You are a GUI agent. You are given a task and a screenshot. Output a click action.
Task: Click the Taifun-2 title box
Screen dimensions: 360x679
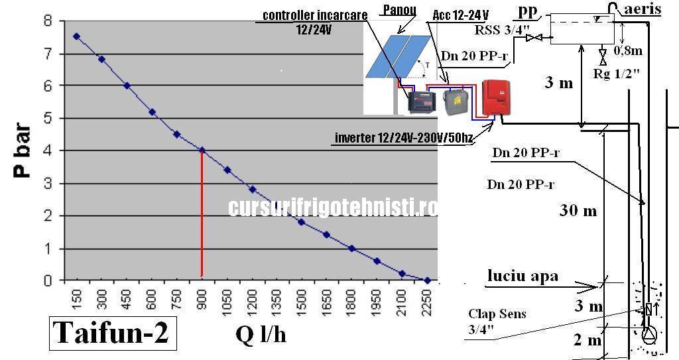coord(110,333)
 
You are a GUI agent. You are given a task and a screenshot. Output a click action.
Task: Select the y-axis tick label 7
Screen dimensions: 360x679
coord(47,54)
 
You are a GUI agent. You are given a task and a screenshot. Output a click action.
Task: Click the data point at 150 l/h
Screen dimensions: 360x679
coord(76,36)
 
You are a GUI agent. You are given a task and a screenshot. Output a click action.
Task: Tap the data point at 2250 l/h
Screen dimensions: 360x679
coord(427,280)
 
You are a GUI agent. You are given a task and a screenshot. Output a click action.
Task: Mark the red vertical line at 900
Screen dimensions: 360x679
coord(202,212)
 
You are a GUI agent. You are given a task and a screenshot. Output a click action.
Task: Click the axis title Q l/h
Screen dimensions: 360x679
coord(261,335)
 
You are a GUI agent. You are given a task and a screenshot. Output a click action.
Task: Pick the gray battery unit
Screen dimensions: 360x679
coord(454,101)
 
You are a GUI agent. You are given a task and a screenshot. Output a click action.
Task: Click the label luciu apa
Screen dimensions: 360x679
coord(523,275)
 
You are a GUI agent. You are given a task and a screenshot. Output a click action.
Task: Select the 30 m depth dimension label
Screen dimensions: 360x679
coord(578,211)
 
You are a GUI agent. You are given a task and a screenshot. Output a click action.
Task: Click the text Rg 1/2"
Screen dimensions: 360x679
coord(616,74)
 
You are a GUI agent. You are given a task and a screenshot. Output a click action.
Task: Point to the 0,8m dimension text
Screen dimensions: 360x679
coord(628,49)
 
